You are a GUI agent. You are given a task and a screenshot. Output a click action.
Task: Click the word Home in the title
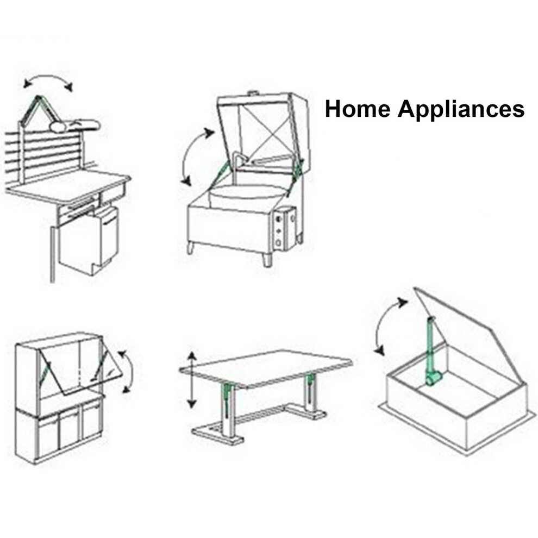click(x=358, y=109)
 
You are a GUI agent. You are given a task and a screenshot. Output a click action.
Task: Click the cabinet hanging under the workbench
click(x=90, y=240)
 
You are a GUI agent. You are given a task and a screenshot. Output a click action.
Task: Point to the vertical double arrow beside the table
click(x=192, y=380)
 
